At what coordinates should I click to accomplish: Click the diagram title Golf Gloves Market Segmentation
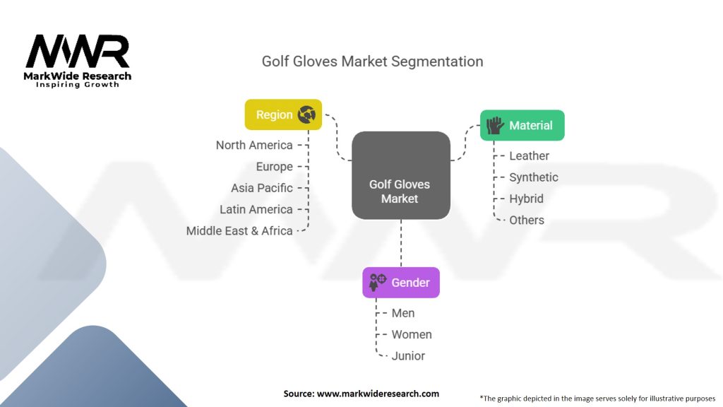click(x=372, y=61)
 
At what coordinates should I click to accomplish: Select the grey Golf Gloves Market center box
click(x=400, y=175)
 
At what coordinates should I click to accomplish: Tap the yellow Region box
click(x=283, y=114)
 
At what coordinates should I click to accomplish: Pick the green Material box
click(x=522, y=125)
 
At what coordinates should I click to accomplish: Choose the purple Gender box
click(x=400, y=283)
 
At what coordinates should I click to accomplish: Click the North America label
click(x=254, y=145)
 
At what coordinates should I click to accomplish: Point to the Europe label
click(x=274, y=167)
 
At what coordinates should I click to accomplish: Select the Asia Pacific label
click(x=261, y=188)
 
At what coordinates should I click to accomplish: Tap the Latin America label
click(x=256, y=209)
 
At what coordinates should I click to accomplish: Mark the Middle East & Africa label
click(x=239, y=230)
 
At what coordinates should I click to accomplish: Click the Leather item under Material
click(x=529, y=155)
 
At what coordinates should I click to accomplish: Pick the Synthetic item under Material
click(x=533, y=177)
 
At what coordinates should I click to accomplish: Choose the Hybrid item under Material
click(x=526, y=199)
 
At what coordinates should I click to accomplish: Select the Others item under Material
click(x=527, y=220)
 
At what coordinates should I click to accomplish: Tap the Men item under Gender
click(x=403, y=313)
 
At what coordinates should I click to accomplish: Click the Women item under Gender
click(x=412, y=334)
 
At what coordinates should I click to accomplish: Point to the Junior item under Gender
click(x=408, y=355)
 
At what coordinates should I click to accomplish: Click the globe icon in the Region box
click(x=306, y=114)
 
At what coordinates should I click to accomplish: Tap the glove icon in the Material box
click(x=495, y=125)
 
